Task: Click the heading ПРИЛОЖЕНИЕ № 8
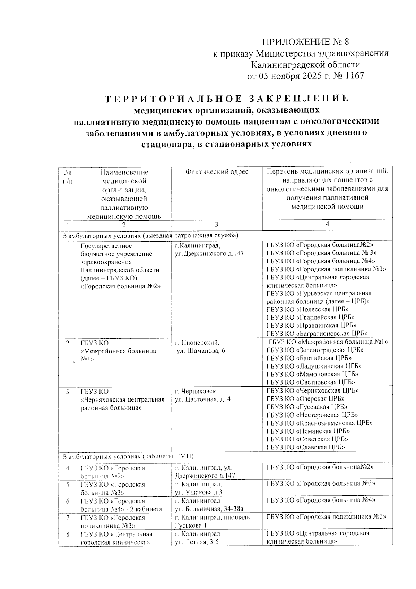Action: click(x=305, y=42)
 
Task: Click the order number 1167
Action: click(x=354, y=76)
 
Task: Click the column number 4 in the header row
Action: click(x=327, y=224)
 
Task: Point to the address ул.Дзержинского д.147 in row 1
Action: click(x=209, y=254)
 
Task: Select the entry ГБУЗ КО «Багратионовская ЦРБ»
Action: click(x=317, y=334)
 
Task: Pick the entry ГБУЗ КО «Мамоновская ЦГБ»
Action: click(x=312, y=374)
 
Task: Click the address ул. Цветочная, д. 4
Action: click(x=202, y=399)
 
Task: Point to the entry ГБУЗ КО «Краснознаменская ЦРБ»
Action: click(x=319, y=423)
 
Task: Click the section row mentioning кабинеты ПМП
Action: click(x=128, y=456)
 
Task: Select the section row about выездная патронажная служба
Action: click(x=150, y=236)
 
